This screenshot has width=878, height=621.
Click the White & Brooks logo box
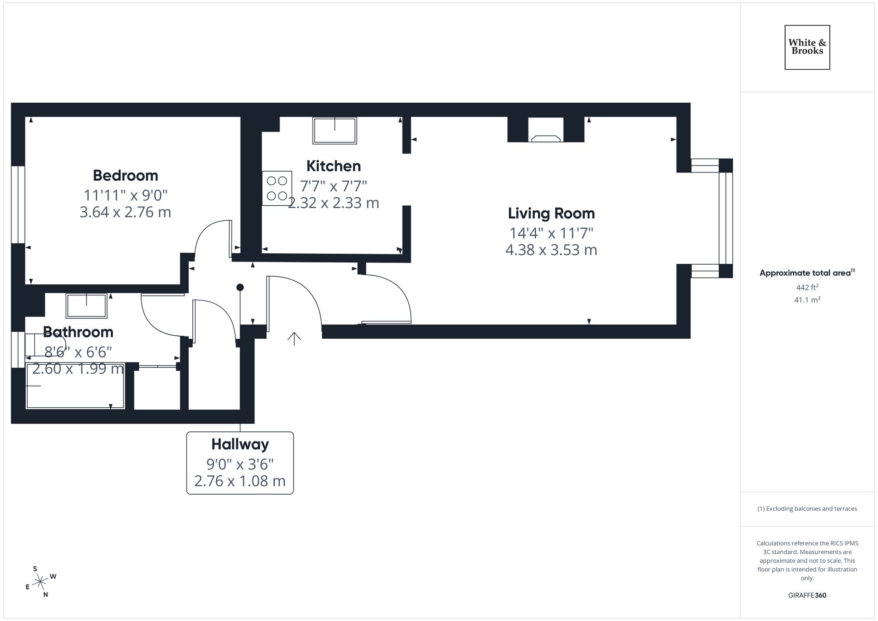(807, 47)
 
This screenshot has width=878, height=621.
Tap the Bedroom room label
(125, 176)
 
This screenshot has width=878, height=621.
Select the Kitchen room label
(333, 166)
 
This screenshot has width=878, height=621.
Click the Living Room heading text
(551, 213)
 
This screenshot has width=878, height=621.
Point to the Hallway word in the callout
(240, 444)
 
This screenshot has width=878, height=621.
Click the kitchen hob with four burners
(277, 188)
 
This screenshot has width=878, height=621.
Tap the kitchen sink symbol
(335, 130)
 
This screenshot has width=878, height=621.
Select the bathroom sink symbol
(86, 305)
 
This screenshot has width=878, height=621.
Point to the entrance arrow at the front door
(294, 338)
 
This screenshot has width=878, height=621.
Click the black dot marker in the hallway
(240, 287)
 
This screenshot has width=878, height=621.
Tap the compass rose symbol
(40, 582)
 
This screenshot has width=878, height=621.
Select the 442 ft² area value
(807, 287)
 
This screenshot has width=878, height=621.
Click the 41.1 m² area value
(807, 300)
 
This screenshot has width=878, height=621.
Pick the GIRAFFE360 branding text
(807, 596)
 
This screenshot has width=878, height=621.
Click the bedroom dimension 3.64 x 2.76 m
(125, 212)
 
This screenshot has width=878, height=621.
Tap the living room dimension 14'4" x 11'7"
(551, 233)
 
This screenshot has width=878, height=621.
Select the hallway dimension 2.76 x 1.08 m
(240, 481)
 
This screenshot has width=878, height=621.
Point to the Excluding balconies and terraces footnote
(807, 509)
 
